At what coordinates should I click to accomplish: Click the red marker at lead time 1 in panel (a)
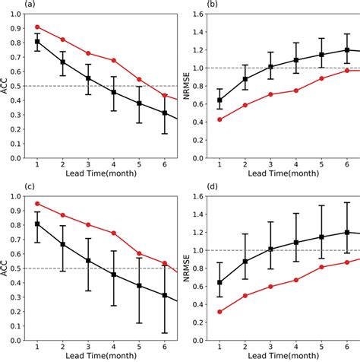38,27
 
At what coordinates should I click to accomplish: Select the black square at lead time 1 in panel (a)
38,42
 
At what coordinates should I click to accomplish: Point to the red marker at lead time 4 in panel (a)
113,60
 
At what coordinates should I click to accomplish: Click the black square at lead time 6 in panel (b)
347,49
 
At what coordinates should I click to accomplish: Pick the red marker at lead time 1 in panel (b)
219,119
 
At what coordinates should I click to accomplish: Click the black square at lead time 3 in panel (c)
88,260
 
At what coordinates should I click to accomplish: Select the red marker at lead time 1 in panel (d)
219,312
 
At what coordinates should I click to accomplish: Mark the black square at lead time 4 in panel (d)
296,243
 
